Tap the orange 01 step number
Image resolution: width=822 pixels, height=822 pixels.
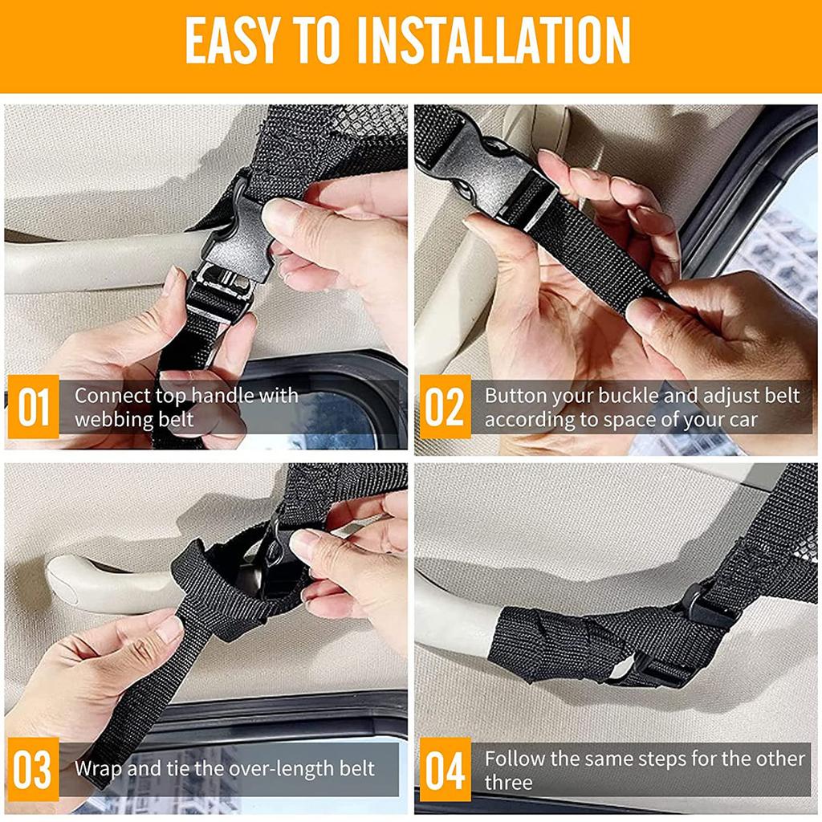pos(33,407)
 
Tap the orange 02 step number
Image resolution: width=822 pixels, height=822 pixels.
pos(443,407)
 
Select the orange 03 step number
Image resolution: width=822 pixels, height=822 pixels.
pos(33,770)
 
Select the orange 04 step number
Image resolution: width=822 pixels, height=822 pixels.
pos(443,770)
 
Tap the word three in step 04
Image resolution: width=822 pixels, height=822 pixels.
pos(508,782)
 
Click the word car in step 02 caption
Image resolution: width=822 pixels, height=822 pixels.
pos(743,419)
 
